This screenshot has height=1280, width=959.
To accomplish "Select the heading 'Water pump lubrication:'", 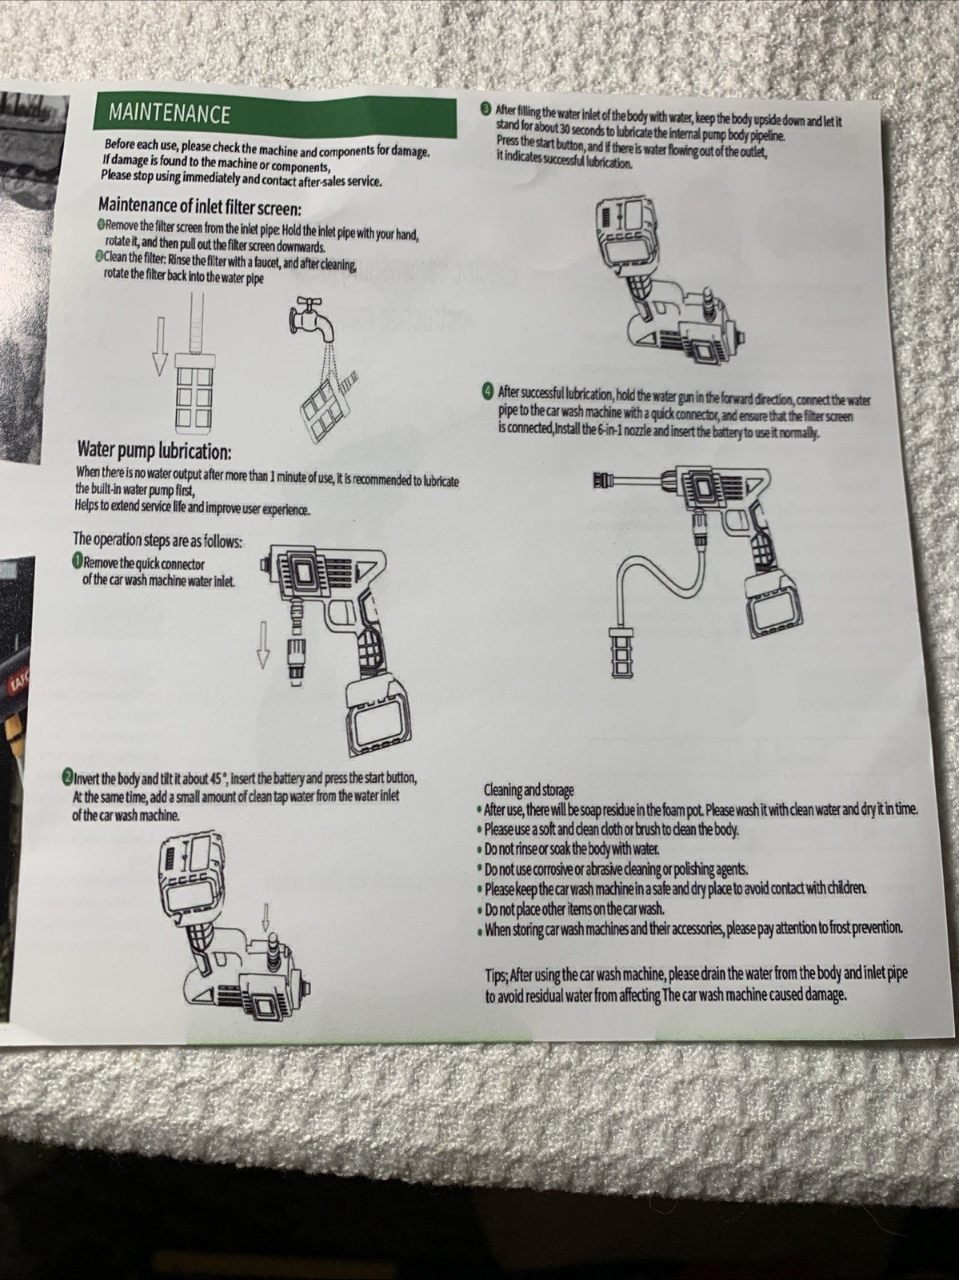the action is click(154, 451).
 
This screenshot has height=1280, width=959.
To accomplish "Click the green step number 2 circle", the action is click(67, 777).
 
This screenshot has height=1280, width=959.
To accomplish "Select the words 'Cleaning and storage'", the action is click(529, 790).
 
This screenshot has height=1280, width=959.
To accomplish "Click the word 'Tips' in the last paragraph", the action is click(497, 974).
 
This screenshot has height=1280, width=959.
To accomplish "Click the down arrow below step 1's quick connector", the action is click(263, 644).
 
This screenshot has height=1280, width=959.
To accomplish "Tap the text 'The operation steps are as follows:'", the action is click(158, 540).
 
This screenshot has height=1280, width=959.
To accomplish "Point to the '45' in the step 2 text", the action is click(216, 779).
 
